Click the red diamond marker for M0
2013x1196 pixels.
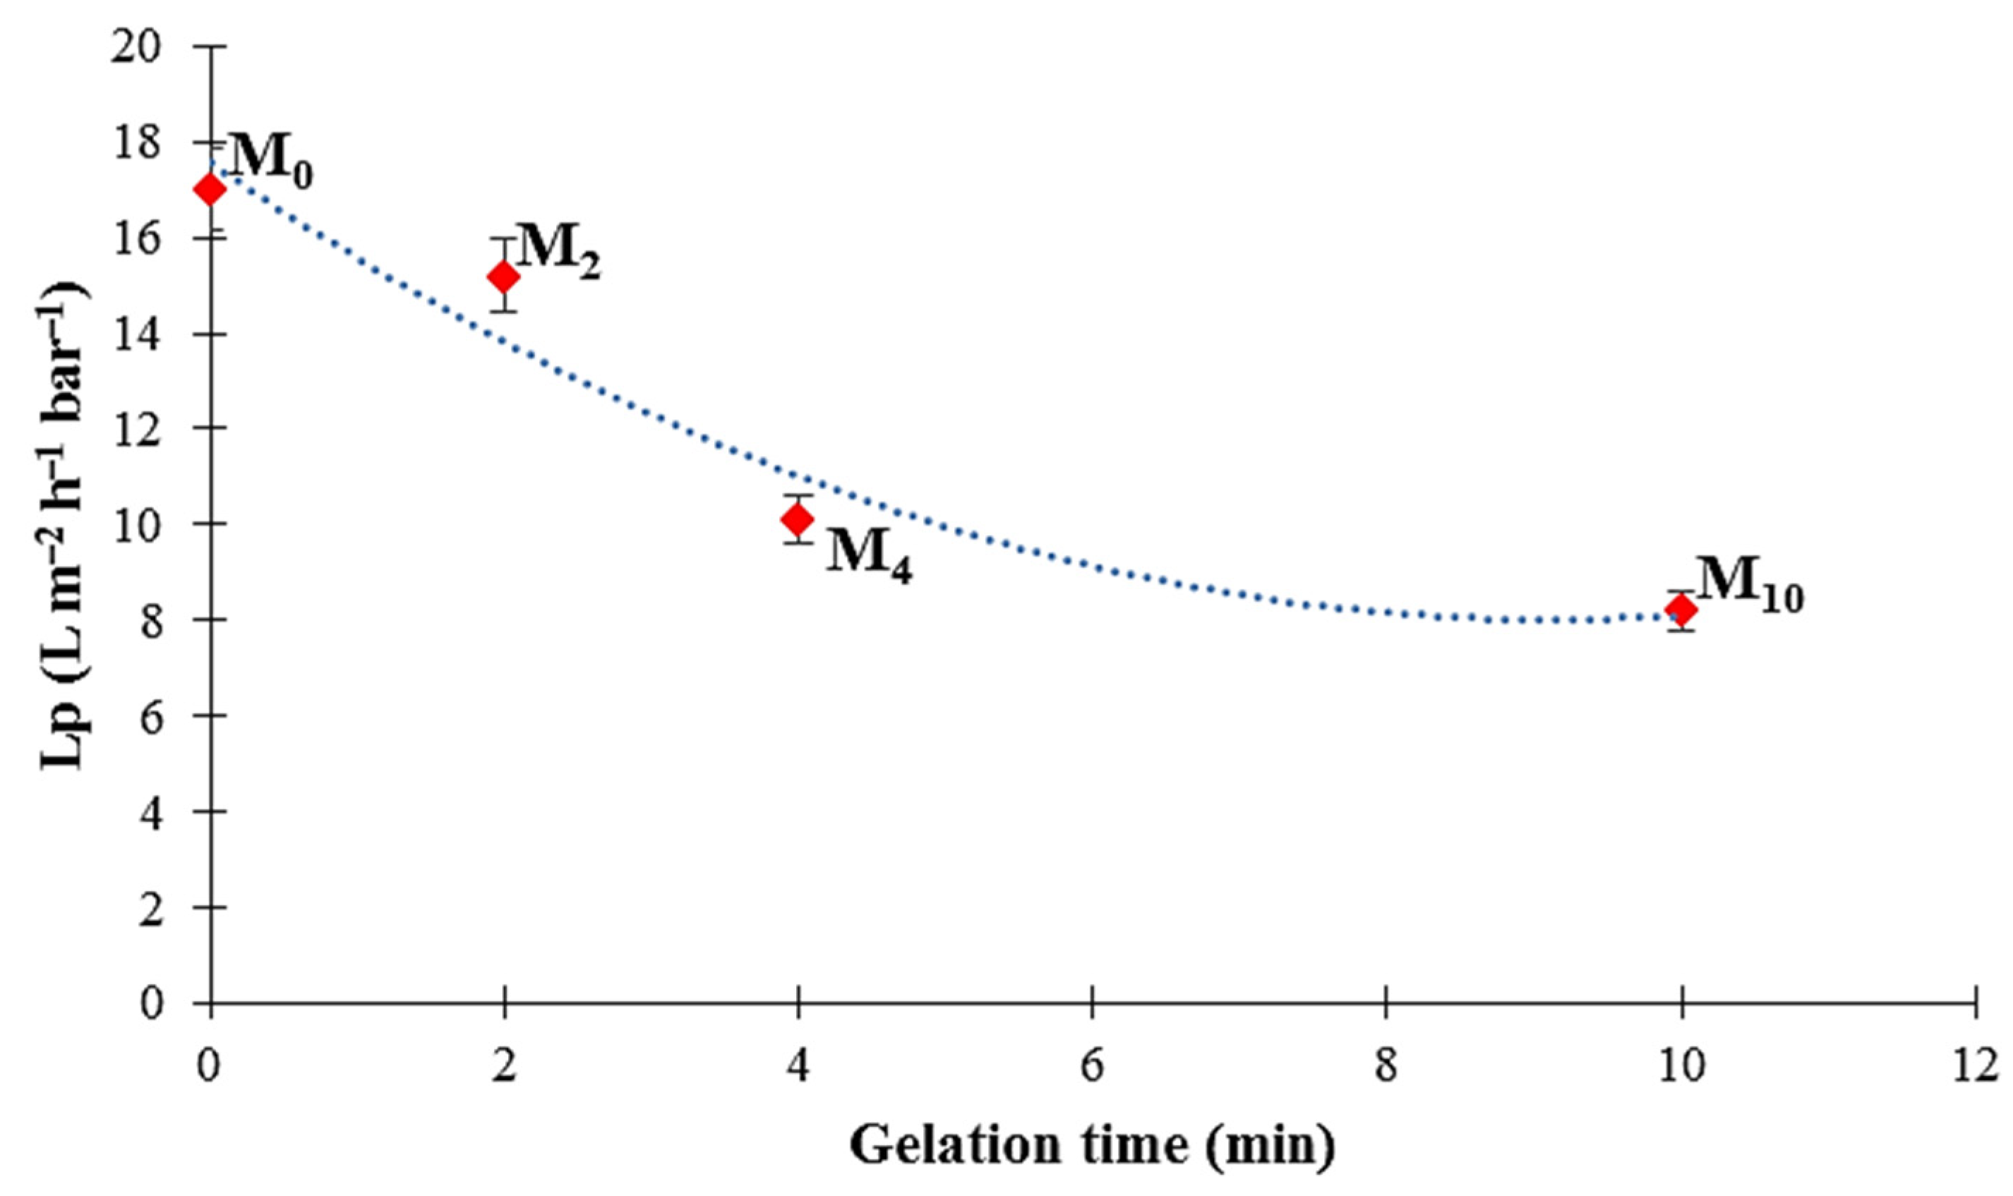point(211,191)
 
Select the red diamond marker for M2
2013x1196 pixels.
point(505,277)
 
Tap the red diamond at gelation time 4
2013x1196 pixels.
point(798,519)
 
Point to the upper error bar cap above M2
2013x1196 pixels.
point(505,238)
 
